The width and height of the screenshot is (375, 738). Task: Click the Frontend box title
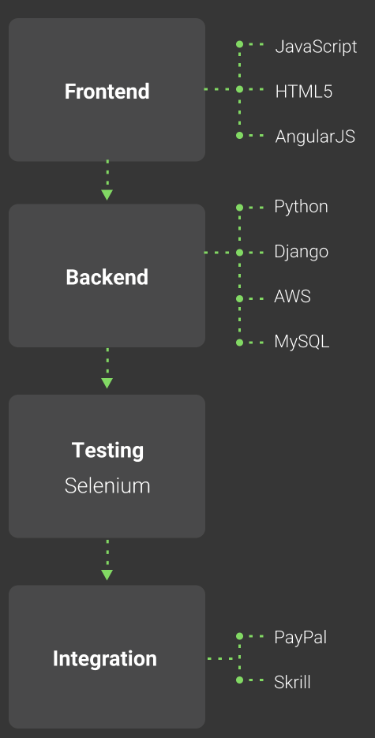click(x=107, y=92)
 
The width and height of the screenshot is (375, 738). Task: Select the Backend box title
click(x=107, y=277)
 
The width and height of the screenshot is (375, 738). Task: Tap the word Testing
click(x=107, y=451)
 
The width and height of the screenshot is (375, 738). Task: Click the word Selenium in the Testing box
click(x=107, y=485)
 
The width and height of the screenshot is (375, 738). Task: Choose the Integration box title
click(x=104, y=659)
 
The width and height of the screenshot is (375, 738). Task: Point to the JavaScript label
click(x=316, y=47)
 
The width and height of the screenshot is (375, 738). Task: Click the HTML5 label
click(x=303, y=92)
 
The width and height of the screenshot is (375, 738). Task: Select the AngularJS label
click(x=315, y=137)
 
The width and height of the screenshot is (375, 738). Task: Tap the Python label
click(x=301, y=207)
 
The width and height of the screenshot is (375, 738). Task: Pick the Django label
click(x=301, y=252)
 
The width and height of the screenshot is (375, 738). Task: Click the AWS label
click(x=292, y=297)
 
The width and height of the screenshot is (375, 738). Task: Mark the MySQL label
click(x=302, y=342)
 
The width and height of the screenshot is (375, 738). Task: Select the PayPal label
click(x=300, y=637)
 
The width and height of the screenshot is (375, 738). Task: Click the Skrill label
click(x=292, y=682)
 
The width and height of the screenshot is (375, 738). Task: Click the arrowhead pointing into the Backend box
click(x=107, y=195)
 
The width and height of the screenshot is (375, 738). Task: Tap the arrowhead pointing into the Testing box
click(x=107, y=383)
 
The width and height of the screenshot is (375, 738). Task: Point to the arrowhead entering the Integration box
click(x=107, y=575)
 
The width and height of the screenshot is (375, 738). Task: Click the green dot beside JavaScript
click(x=239, y=44)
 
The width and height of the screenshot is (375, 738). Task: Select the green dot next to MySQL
click(x=239, y=343)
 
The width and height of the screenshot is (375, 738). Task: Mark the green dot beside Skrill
click(x=239, y=680)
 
